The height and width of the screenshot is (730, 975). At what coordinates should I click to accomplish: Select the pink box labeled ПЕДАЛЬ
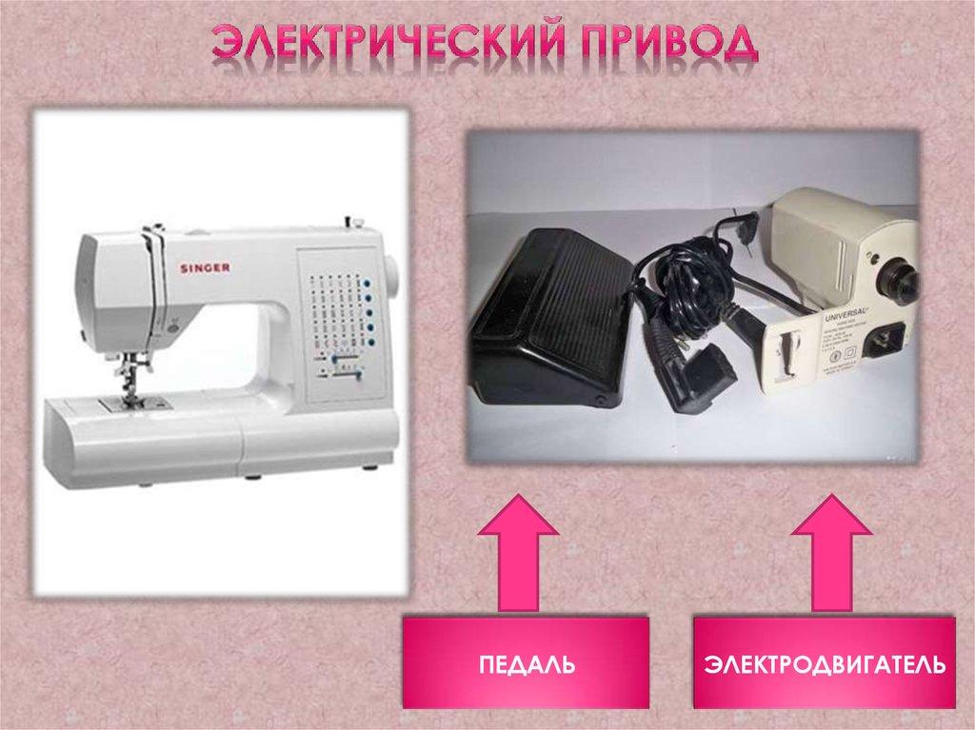click(x=526, y=662)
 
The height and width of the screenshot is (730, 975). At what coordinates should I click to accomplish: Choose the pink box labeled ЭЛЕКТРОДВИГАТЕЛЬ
click(x=825, y=662)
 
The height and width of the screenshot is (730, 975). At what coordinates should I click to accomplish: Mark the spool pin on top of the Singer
click(x=348, y=220)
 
